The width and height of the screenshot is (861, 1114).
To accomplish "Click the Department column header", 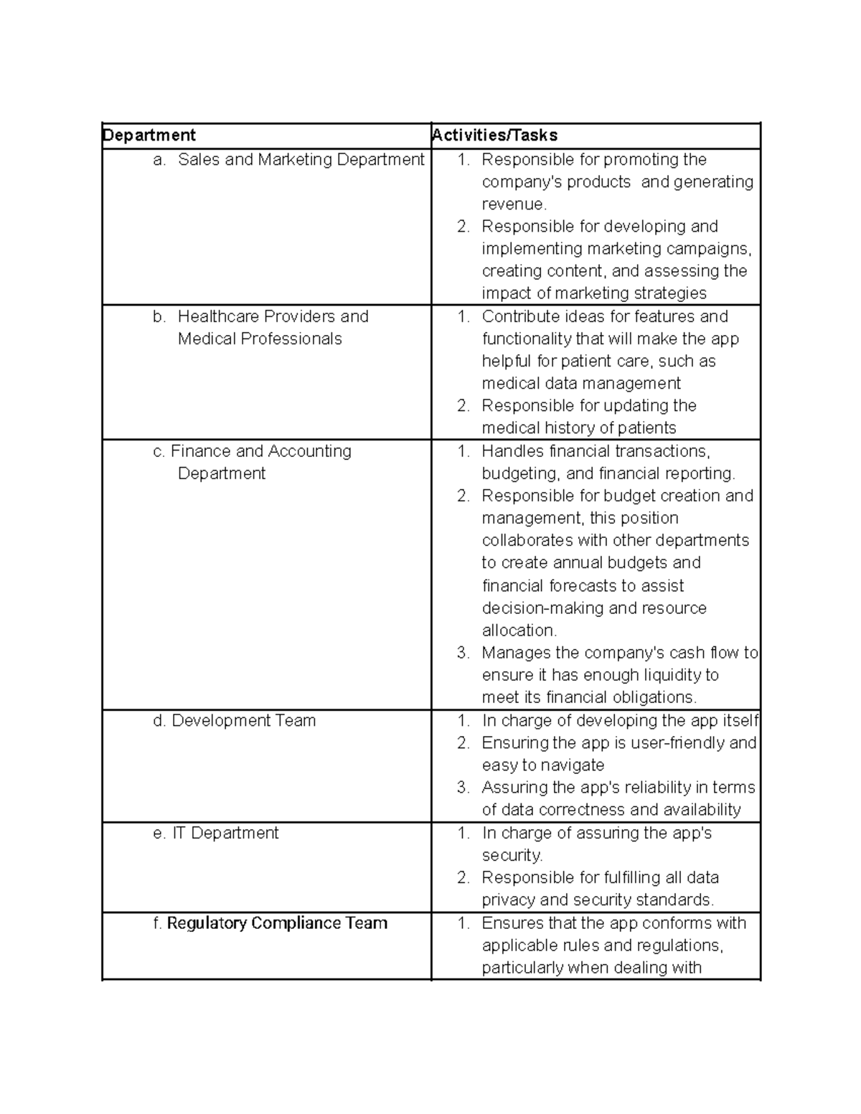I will [149, 136].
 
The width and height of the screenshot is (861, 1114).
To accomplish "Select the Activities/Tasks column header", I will [495, 136].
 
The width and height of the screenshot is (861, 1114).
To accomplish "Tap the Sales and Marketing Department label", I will [301, 159].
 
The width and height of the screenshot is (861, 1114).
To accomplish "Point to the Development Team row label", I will [244, 720].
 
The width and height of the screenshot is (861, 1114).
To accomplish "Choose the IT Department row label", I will [225, 833].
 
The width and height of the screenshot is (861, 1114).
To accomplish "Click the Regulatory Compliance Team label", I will [277, 923].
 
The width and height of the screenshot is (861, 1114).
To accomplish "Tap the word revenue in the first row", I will [513, 204].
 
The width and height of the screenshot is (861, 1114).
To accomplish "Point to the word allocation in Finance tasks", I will [519, 631].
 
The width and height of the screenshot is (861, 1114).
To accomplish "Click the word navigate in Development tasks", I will [571, 765].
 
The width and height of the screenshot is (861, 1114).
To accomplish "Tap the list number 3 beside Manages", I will [463, 653].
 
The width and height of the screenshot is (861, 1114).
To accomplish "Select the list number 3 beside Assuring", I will [463, 788].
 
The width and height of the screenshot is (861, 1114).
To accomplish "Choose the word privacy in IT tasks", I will [508, 900].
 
